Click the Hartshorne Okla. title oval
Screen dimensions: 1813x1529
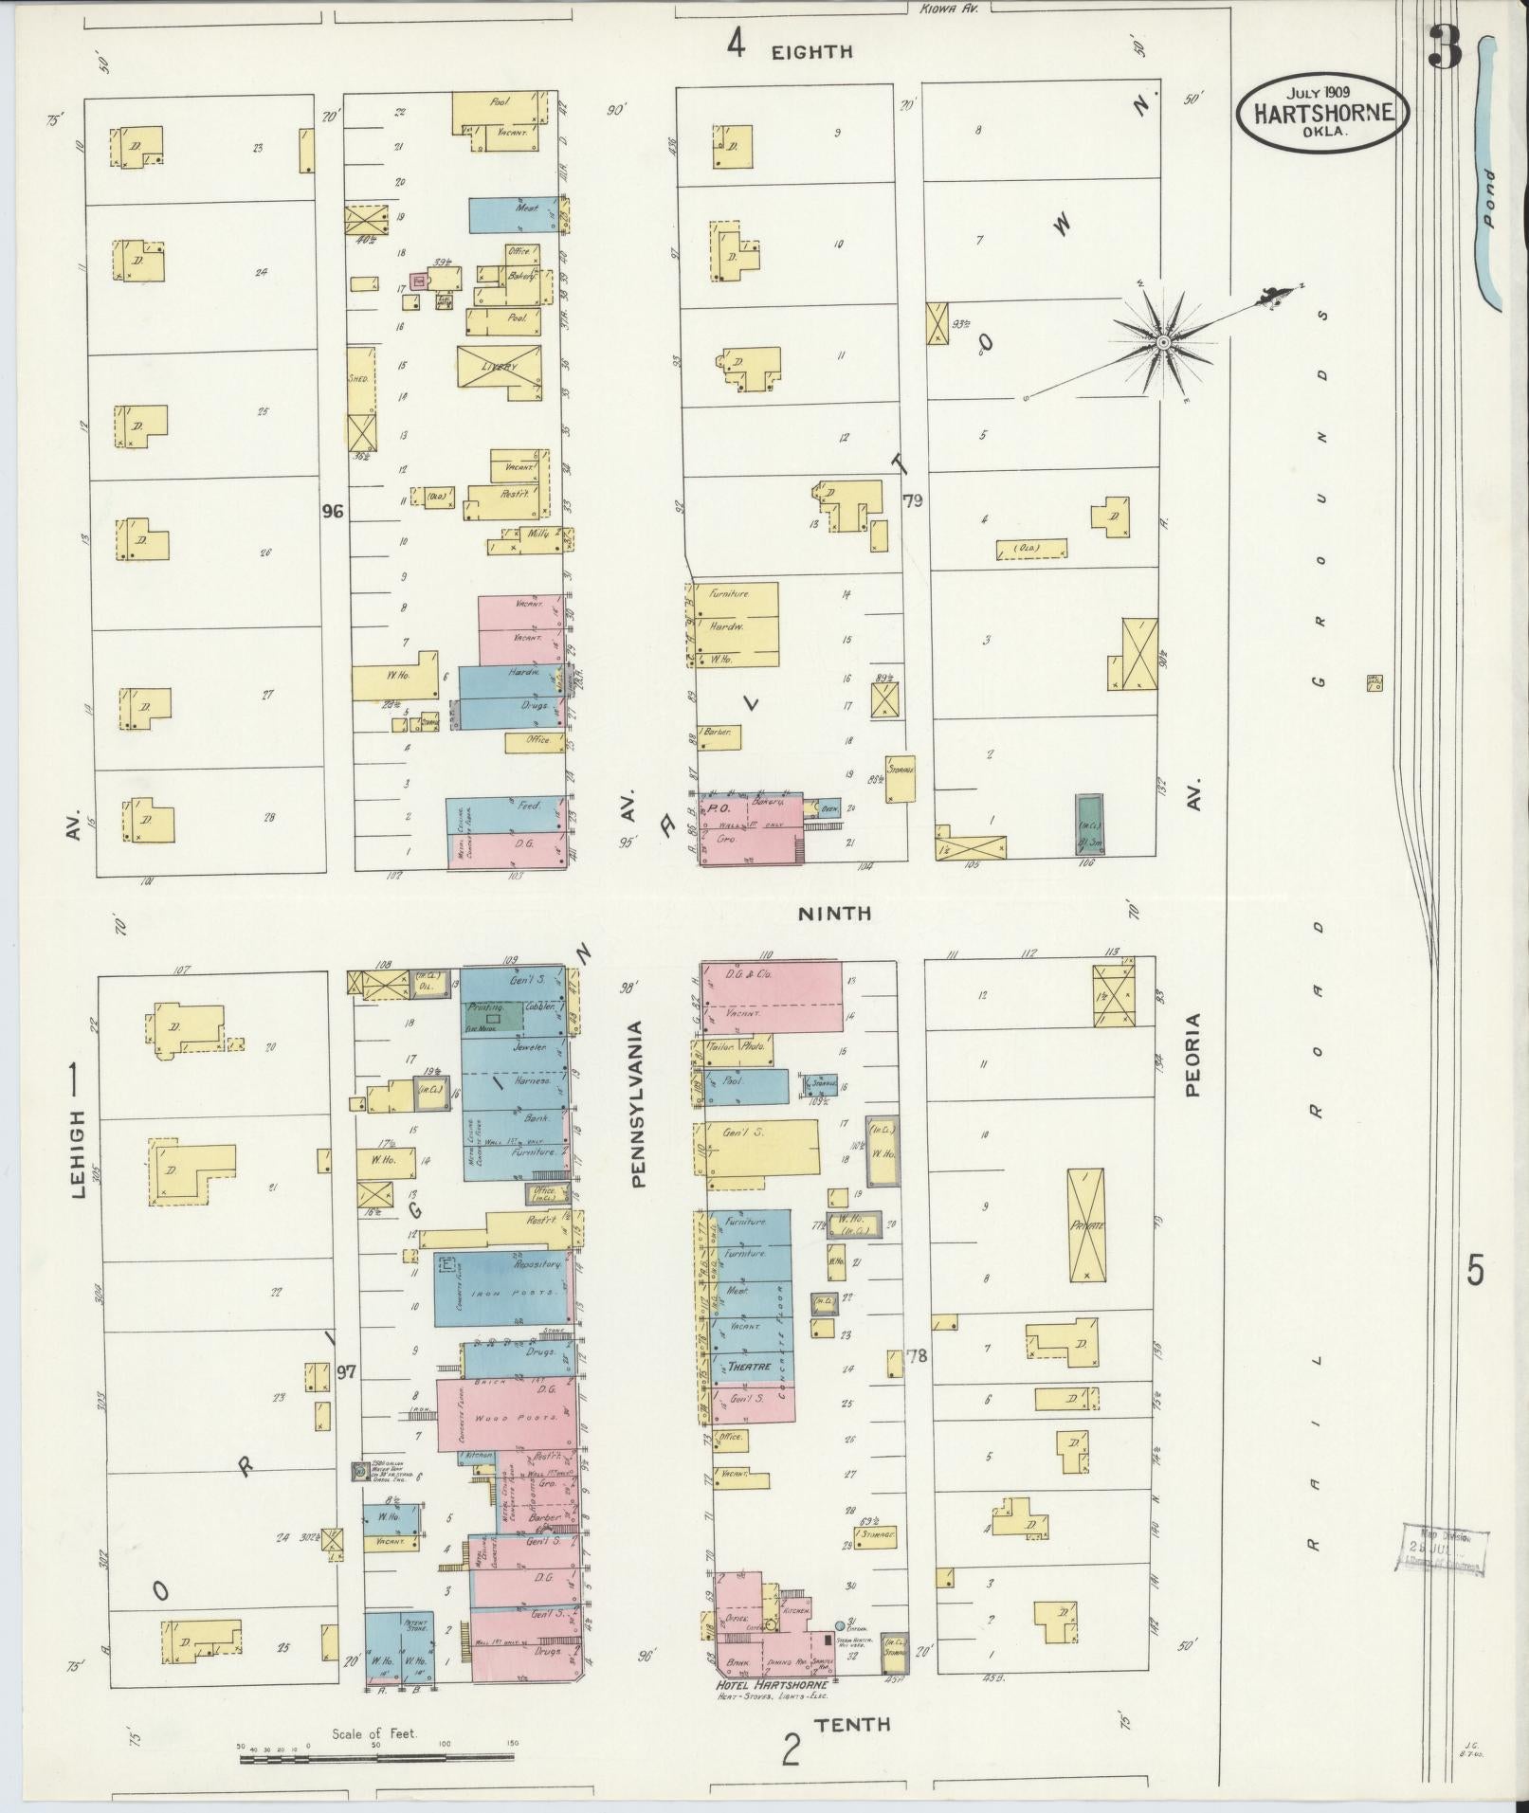1323,112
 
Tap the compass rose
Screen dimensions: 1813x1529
1162,340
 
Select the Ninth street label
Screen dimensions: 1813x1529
833,913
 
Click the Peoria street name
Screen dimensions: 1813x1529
1192,1055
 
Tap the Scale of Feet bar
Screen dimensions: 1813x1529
376,1760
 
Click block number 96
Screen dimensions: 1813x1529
332,511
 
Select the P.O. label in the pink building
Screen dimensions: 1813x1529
718,809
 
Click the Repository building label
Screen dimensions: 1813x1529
537,1264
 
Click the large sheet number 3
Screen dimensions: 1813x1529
1446,47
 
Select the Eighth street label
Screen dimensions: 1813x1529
811,51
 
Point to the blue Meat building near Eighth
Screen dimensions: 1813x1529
513,213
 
